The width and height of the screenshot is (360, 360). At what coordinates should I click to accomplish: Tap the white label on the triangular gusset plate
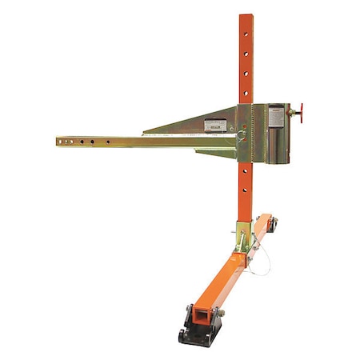coord(216,125)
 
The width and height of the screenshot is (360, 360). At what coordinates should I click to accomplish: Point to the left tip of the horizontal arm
coord(58,142)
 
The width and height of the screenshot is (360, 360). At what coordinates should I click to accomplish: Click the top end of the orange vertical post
coord(245,17)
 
